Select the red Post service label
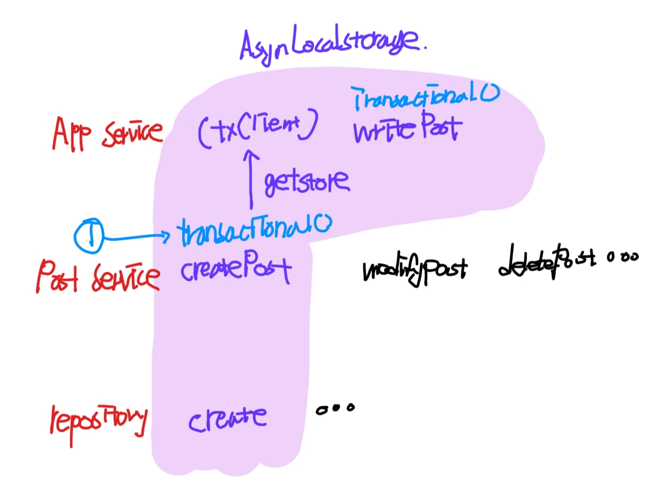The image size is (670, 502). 96,276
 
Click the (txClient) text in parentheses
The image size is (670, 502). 257,129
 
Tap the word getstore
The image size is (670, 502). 306,182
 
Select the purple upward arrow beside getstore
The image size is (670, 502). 248,179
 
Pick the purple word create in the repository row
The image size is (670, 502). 227,419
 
